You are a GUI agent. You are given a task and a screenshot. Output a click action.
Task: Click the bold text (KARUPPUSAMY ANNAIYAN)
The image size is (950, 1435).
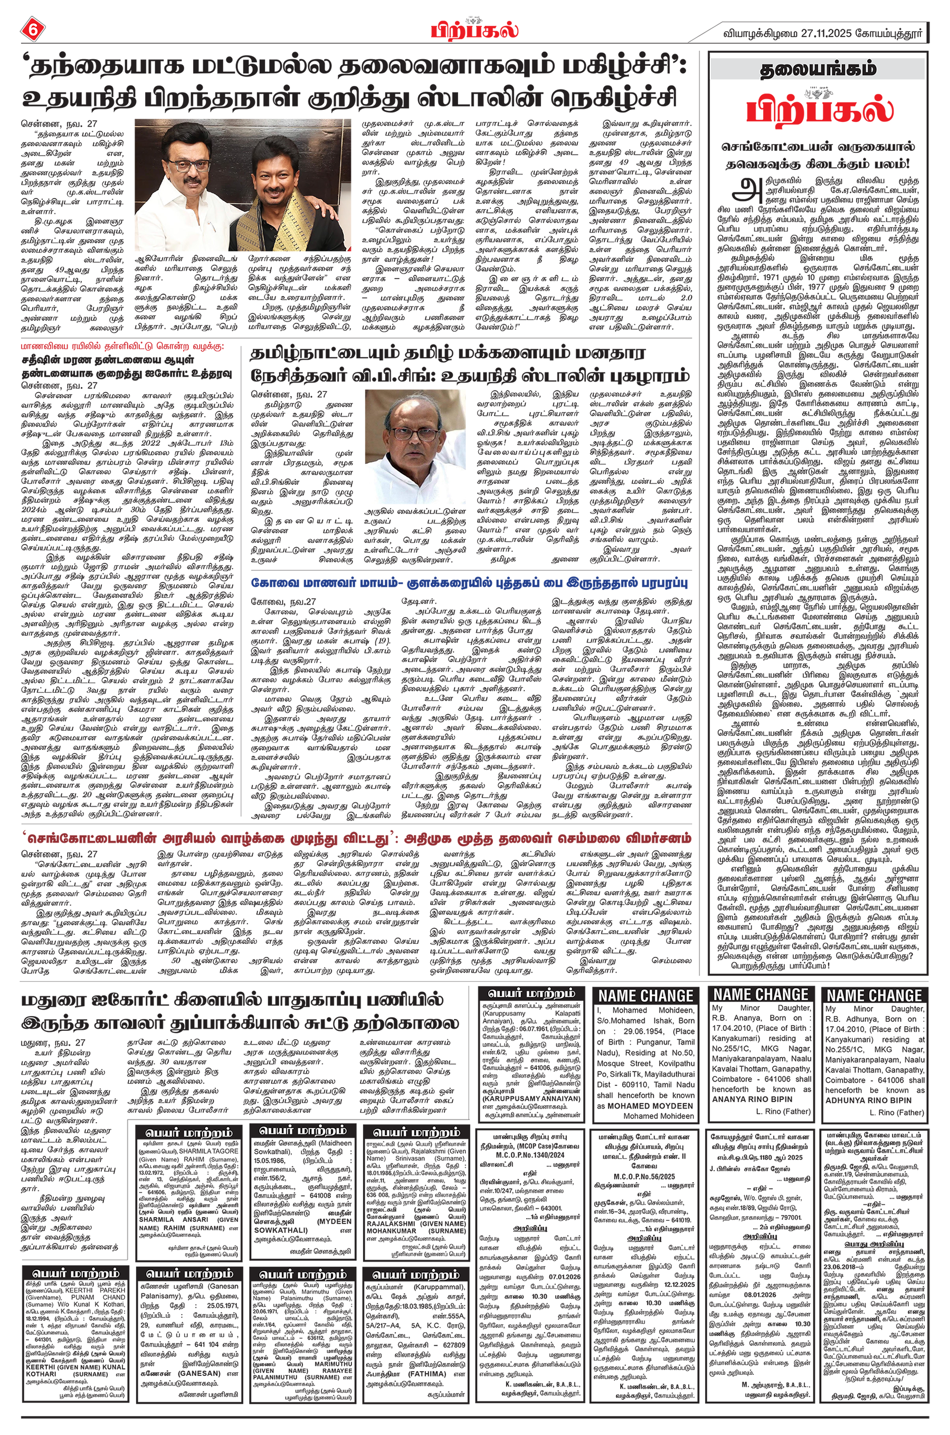531,1098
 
